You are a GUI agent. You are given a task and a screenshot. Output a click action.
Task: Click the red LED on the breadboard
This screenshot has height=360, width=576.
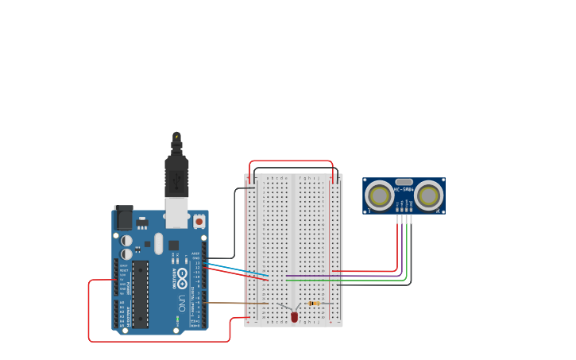click(294, 316)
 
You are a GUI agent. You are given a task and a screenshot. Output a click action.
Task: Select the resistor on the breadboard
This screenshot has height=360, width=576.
click(314, 303)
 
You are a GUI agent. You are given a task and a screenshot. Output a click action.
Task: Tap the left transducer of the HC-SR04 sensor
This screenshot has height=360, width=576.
click(379, 195)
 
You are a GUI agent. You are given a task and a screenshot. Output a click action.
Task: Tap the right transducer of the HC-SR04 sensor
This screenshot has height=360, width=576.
click(428, 195)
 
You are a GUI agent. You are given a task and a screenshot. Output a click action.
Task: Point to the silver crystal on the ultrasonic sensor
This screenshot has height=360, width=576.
click(404, 182)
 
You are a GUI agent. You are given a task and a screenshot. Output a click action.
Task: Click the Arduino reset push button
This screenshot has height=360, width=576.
click(199, 220)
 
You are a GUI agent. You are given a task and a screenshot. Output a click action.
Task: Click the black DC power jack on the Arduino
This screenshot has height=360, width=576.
click(124, 218)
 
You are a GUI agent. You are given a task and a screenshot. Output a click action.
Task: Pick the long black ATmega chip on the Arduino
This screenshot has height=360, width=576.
click(141, 293)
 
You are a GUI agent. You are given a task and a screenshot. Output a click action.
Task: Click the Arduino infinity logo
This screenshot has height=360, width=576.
click(182, 277)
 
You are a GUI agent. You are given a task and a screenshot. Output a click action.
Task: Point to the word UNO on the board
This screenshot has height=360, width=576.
click(182, 302)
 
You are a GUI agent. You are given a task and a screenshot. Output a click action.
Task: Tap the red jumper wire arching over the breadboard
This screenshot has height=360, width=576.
click(291, 161)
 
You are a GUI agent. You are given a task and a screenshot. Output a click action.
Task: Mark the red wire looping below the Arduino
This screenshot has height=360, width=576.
click(159, 341)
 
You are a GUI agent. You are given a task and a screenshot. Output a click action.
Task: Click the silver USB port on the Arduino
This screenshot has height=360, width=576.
click(176, 213)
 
